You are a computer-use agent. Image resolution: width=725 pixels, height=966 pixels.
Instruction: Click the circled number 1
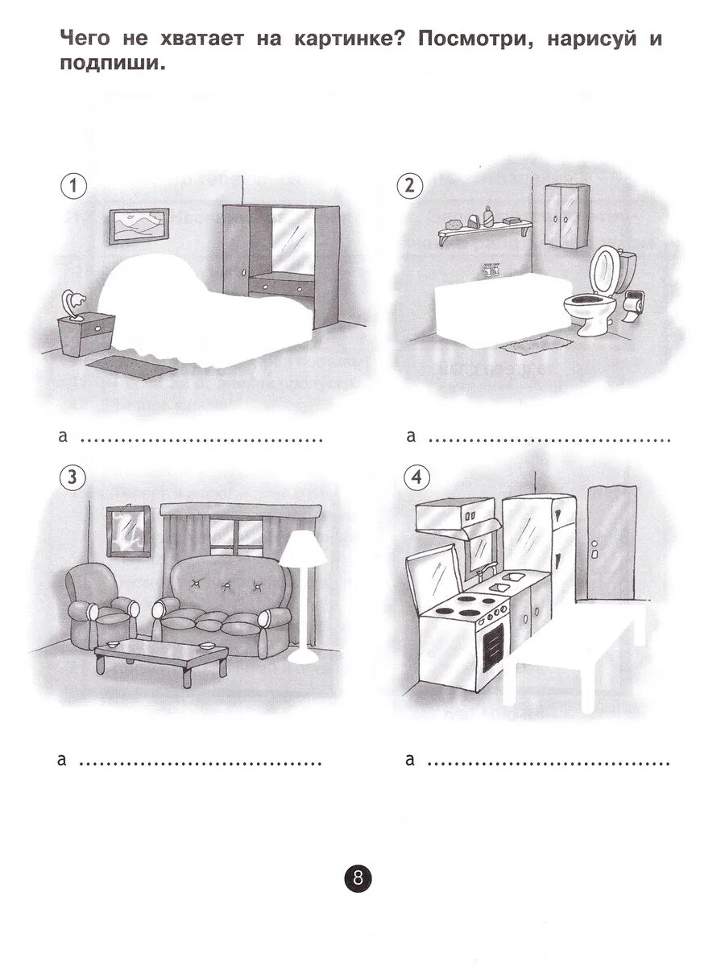point(73,186)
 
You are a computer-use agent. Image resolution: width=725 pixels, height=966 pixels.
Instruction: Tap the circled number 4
point(416,477)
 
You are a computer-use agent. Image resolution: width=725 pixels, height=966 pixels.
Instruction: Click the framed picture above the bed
point(139,225)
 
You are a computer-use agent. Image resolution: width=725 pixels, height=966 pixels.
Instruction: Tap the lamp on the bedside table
point(73,303)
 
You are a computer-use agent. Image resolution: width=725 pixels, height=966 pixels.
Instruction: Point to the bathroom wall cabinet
point(567,217)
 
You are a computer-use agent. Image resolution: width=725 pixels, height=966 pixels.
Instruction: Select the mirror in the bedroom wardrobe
point(292,240)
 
